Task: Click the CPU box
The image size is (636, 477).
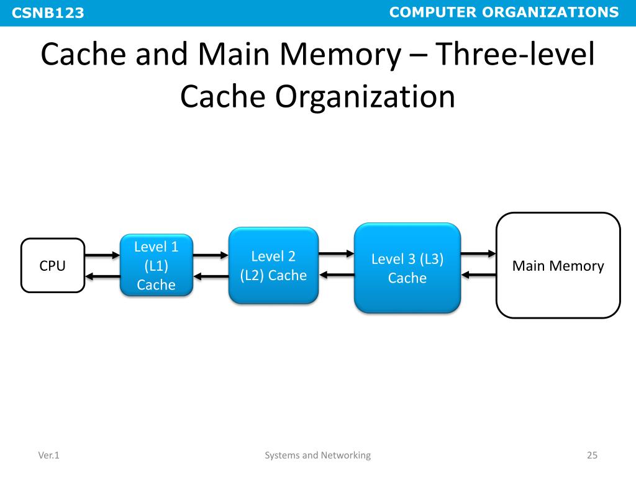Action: coord(53,266)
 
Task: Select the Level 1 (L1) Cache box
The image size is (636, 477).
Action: coord(157,266)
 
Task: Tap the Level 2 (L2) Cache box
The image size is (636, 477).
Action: coord(273,266)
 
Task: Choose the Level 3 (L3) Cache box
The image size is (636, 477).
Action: coord(407,268)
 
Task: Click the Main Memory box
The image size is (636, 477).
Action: coord(558,266)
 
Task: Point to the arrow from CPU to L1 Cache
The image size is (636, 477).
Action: coord(102,255)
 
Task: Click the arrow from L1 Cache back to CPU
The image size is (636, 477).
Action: coord(102,276)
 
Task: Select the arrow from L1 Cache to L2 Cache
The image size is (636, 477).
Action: coord(211,255)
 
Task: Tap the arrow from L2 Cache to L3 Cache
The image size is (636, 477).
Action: coord(336,253)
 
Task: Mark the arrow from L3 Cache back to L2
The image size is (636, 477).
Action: coord(336,275)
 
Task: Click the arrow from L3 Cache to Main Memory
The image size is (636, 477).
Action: coord(478,253)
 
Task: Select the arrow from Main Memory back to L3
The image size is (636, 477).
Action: coord(478,275)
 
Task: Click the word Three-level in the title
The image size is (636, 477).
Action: coord(514,56)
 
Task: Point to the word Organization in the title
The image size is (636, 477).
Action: coord(365,97)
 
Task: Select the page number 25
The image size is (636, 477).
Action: coord(592,455)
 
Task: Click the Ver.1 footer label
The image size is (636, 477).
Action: coord(48,455)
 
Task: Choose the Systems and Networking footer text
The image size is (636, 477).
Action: coord(317,455)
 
